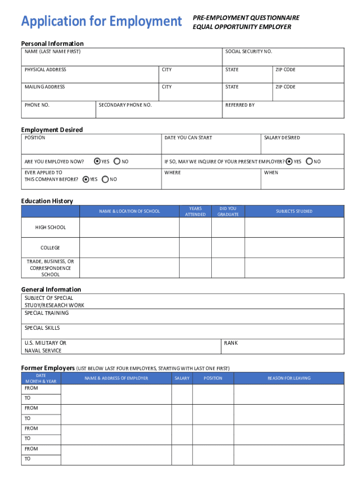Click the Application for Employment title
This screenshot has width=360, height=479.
tap(101, 22)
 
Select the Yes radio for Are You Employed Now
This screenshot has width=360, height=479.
tap(97, 161)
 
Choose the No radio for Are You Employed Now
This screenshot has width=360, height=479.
tap(117, 161)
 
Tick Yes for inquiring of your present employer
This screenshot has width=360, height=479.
tap(289, 161)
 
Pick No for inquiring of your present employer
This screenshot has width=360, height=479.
tap(309, 161)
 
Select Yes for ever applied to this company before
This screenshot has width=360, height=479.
tap(86, 179)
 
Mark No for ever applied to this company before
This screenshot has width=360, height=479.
tap(105, 179)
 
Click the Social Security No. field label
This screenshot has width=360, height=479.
tap(248, 51)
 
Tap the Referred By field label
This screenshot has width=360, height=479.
tap(240, 105)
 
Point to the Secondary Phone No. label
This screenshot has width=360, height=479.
tap(125, 105)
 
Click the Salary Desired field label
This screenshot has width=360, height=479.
tap(282, 138)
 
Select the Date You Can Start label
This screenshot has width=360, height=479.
tap(188, 138)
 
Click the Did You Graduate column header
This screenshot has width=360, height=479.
tap(228, 211)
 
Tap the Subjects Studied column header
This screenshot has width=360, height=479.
tap(294, 211)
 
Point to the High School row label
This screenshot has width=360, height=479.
tap(50, 227)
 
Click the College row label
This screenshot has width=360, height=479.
tap(50, 248)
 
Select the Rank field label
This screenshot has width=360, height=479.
tap(231, 343)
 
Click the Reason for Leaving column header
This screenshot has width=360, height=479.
tap(289, 378)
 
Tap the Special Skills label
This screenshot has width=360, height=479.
tap(42, 328)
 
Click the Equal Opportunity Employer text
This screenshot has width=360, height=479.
tap(242, 27)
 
